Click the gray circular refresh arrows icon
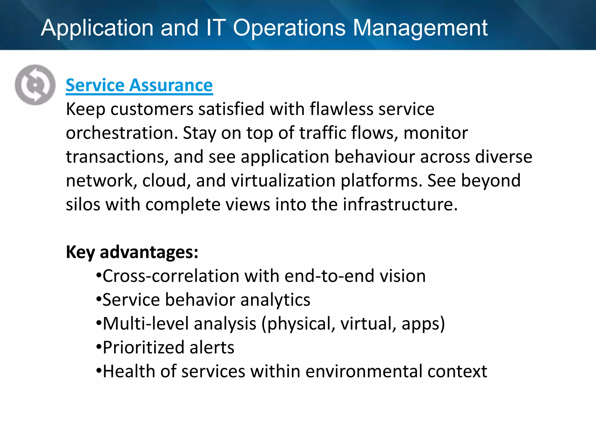tap(35, 85)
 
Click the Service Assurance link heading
tap(139, 85)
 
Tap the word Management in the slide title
tap(420, 28)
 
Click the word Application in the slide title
tap(97, 28)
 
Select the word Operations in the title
tap(289, 28)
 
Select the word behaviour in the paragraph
tap(375, 157)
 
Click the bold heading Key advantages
tap(132, 252)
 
